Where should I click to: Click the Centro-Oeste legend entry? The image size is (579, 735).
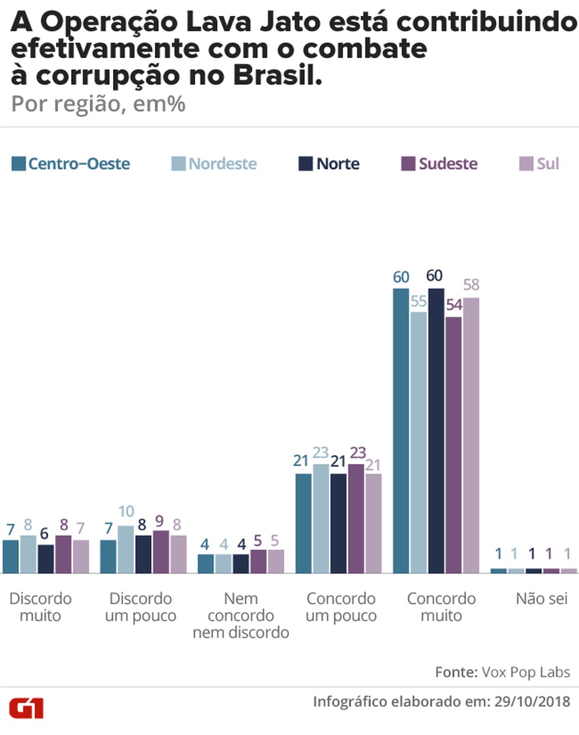coord(71,164)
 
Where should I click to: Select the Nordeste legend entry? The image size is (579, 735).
coord(214,164)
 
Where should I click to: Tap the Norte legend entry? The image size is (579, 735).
coord(329,164)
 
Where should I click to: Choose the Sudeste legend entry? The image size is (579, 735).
coord(439,164)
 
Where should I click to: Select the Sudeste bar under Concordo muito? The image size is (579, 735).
coord(454,445)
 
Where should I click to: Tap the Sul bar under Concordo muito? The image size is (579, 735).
coord(471,435)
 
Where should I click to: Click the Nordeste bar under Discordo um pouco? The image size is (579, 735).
coord(126,550)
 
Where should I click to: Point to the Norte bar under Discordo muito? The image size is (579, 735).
coord(46,559)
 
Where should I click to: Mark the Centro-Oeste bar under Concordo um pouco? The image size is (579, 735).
coord(304,523)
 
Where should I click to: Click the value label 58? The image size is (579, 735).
coord(471,285)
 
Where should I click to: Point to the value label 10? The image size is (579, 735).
coord(126,511)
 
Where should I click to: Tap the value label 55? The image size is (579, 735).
coord(418,301)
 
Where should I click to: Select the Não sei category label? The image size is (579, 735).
coord(541,598)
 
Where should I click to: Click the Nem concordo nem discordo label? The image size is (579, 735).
coord(241,615)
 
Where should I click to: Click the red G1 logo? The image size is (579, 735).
coord(26,708)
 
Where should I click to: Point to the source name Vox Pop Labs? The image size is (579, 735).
coord(525,671)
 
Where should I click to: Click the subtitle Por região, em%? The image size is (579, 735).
coord(98,104)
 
